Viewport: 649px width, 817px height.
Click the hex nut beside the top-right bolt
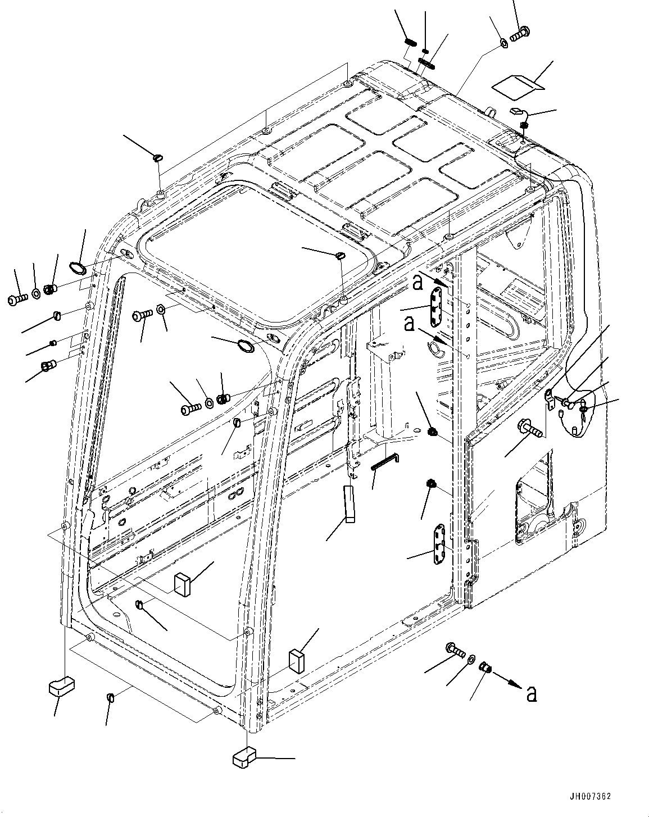point(504,43)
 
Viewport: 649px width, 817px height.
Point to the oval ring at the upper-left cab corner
point(78,267)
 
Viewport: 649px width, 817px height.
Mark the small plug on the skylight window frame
point(339,256)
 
